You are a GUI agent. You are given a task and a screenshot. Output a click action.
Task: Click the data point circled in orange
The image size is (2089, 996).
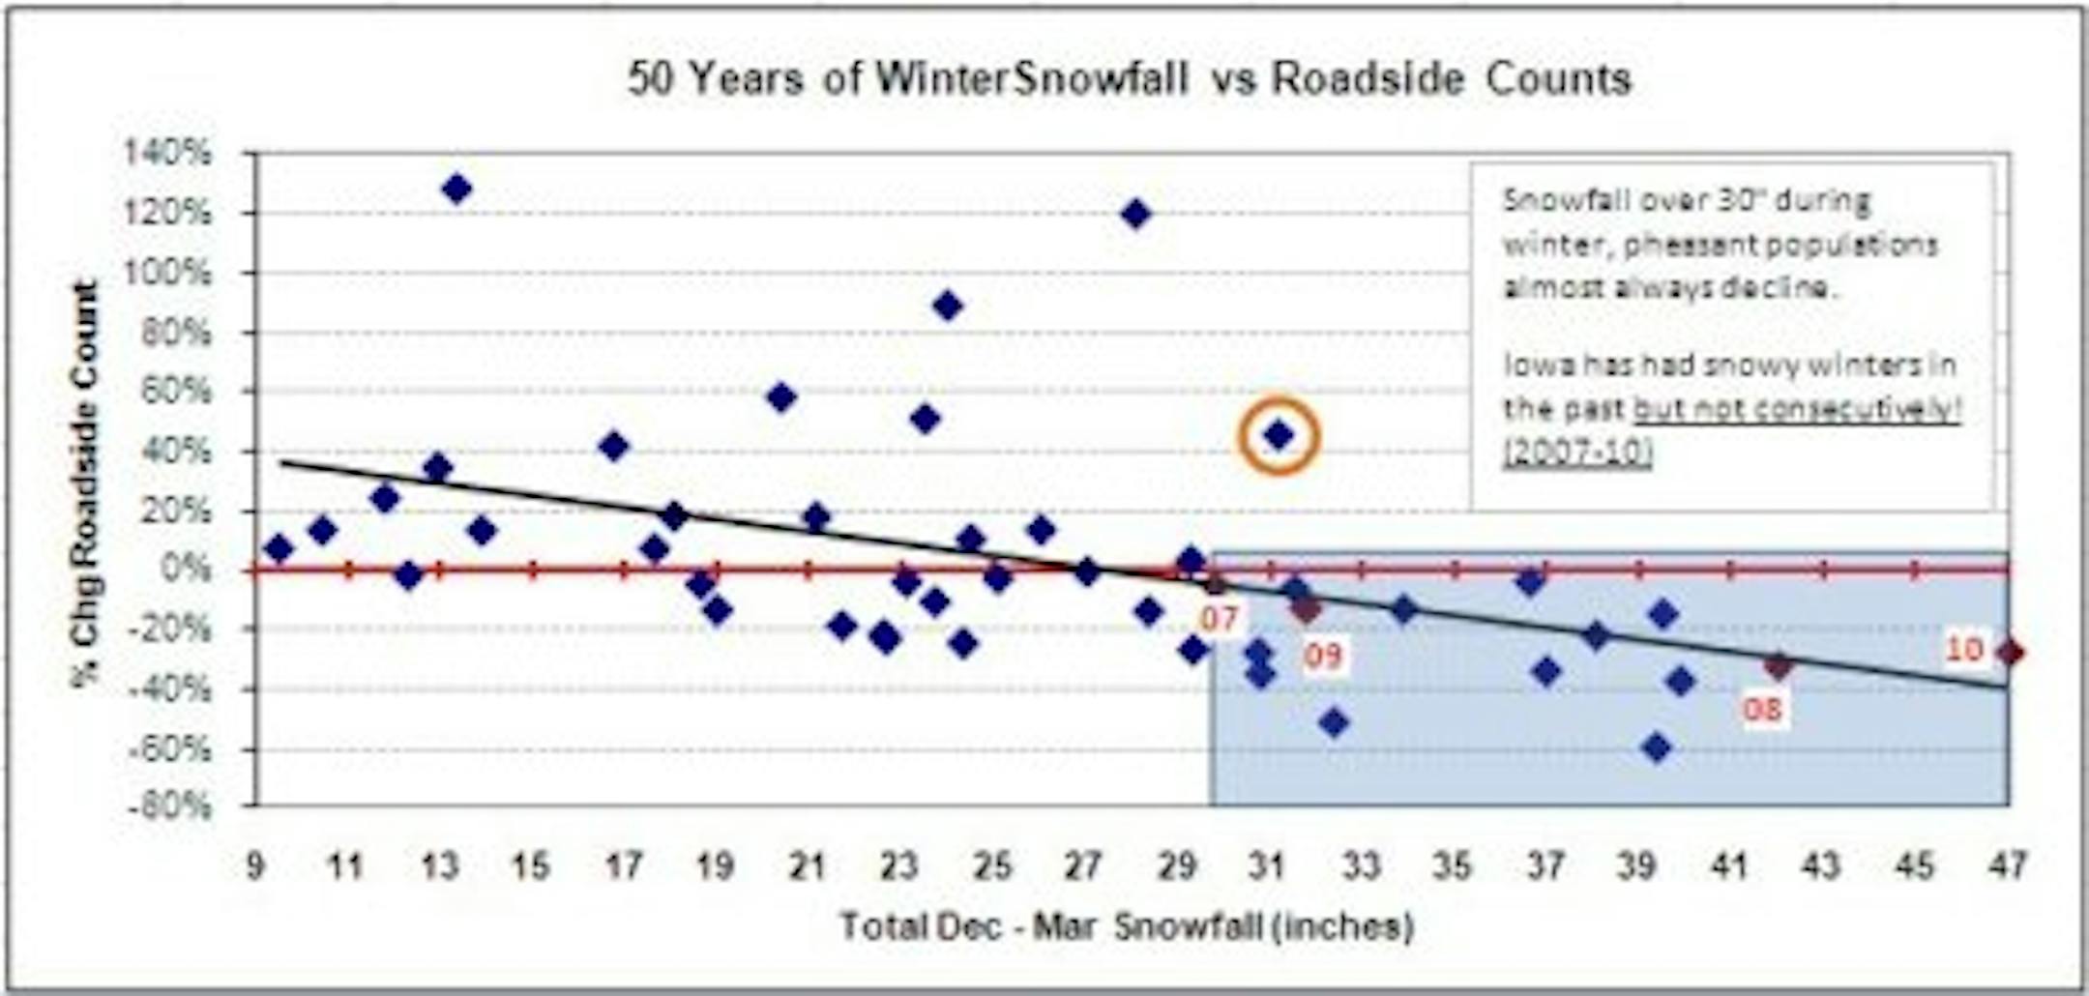pyautogui.click(x=1279, y=436)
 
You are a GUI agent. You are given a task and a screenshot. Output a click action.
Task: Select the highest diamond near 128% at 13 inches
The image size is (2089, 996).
pyautogui.click(x=456, y=189)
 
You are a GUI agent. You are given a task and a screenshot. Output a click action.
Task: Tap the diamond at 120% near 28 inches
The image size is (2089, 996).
pyautogui.click(x=1136, y=213)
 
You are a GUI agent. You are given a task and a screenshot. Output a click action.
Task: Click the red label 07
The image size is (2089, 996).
pyautogui.click(x=1219, y=619)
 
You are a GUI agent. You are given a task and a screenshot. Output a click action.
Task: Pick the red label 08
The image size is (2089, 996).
pyautogui.click(x=1762, y=711)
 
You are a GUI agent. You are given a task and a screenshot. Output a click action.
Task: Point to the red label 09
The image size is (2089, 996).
pyautogui.click(x=1323, y=657)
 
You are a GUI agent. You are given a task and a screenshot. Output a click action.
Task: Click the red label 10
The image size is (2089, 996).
pyautogui.click(x=1964, y=649)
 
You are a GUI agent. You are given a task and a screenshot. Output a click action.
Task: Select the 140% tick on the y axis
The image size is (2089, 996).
pyautogui.click(x=166, y=153)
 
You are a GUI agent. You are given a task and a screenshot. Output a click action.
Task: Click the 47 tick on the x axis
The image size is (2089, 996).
pyautogui.click(x=2007, y=864)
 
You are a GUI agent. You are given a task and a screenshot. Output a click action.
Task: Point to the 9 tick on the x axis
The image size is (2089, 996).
pyautogui.click(x=254, y=864)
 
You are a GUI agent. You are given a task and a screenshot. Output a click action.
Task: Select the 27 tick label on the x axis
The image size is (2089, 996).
pyautogui.click(x=1083, y=864)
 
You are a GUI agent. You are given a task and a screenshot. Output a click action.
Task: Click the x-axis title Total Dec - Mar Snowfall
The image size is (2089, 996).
pyautogui.click(x=1126, y=926)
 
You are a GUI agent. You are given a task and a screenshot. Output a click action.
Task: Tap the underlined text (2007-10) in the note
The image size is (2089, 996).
pyautogui.click(x=1577, y=453)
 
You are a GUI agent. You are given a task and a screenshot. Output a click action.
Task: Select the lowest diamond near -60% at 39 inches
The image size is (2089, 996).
pyautogui.click(x=1657, y=747)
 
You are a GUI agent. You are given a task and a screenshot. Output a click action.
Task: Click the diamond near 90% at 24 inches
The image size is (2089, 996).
pyautogui.click(x=948, y=307)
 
